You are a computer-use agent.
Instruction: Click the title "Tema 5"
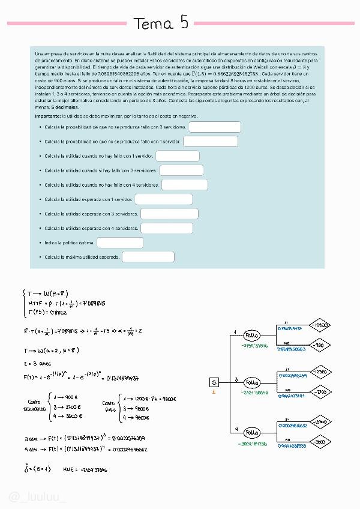pyautogui.click(x=161, y=23)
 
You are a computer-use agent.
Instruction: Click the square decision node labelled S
pyautogui.click(x=215, y=382)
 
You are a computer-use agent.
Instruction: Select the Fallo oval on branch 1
pyautogui.click(x=252, y=334)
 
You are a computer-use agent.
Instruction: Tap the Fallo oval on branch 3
pyautogui.click(x=252, y=382)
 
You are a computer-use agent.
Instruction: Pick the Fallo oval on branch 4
pyautogui.click(x=252, y=432)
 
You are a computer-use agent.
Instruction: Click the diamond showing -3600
pyautogui.click(x=320, y=442)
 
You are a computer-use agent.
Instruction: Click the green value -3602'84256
pyautogui.click(x=253, y=444)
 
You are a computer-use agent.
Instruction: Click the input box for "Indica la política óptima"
pyautogui.click(x=120, y=243)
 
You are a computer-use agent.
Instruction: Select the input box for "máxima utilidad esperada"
pyautogui.click(x=148, y=257)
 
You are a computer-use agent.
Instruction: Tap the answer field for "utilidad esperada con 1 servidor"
pyautogui.click(x=163, y=199)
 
